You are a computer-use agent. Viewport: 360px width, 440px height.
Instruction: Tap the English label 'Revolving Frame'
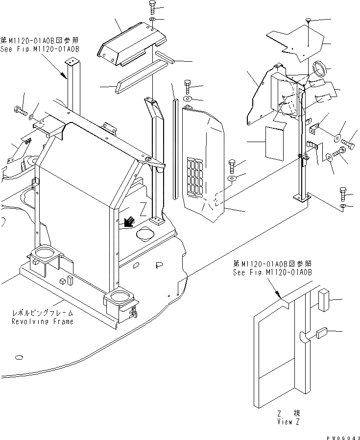pyautogui.click(x=43, y=321)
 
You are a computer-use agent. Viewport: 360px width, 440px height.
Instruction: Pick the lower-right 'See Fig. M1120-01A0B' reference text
pyautogui.click(x=272, y=272)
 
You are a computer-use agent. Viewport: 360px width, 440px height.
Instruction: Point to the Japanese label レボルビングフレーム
pyautogui.click(x=43, y=313)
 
